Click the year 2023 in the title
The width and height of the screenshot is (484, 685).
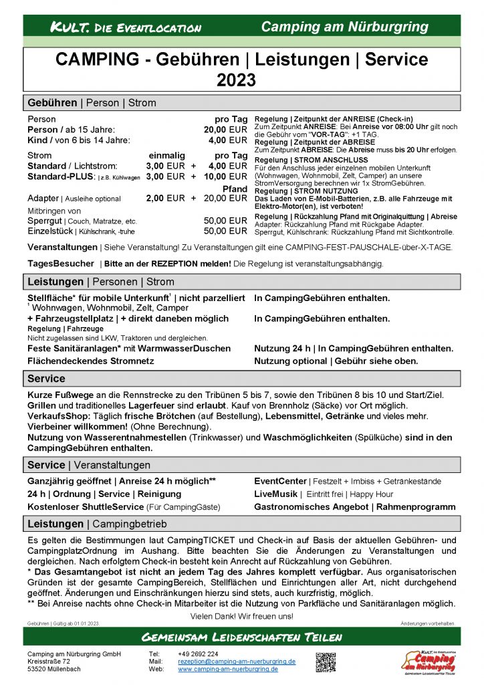236,80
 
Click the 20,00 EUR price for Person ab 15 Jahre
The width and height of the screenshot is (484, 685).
225,130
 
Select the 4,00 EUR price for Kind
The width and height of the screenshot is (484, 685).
228,140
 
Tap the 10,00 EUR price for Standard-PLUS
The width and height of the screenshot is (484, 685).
225,177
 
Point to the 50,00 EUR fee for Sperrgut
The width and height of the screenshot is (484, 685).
225,221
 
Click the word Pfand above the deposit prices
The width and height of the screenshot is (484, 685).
235,188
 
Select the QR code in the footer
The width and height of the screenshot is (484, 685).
326,662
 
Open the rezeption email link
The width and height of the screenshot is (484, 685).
237,661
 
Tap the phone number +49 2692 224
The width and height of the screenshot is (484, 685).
198,654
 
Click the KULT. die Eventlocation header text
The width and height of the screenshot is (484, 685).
126,27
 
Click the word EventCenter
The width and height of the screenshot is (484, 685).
280,480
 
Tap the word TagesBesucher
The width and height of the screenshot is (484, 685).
61,264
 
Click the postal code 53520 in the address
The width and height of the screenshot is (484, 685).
38,669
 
